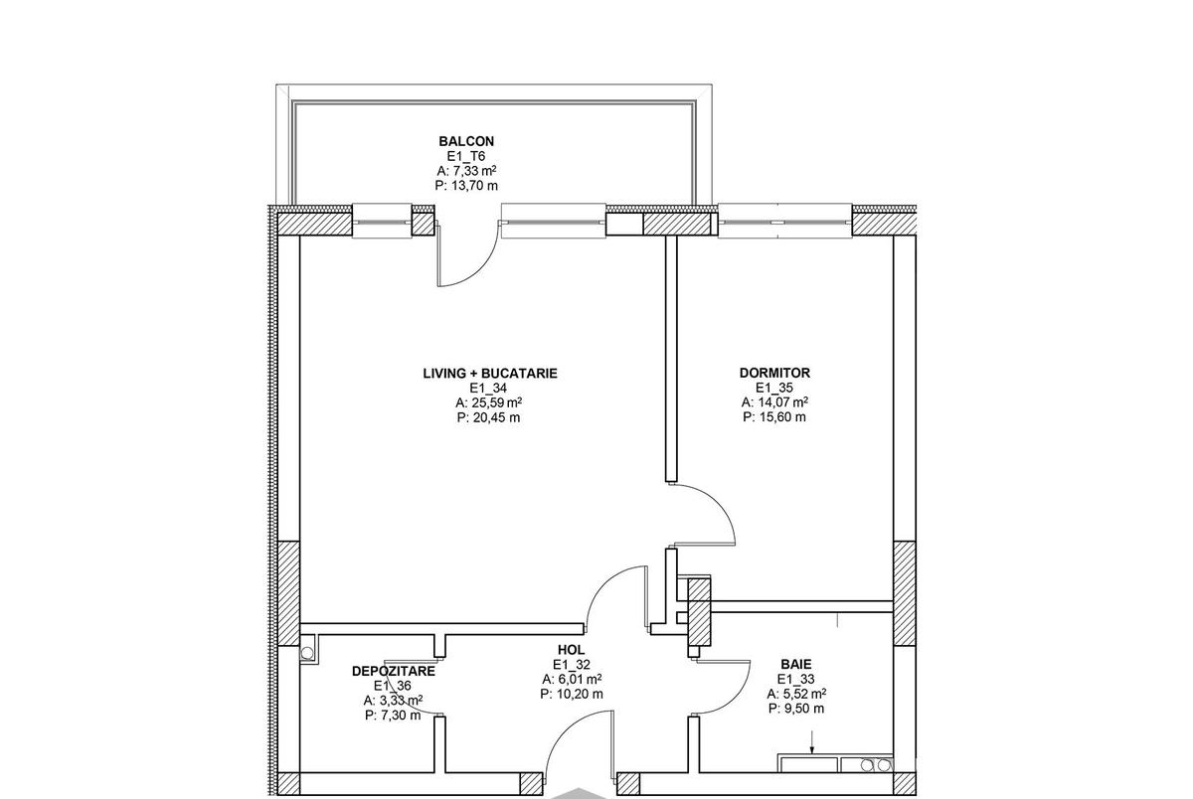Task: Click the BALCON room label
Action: [466, 141]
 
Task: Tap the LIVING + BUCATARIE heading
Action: [490, 373]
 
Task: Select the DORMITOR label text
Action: [774, 373]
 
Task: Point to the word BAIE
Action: [796, 664]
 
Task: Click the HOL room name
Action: [571, 649]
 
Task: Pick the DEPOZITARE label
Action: [393, 671]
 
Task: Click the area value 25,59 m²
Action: [496, 402]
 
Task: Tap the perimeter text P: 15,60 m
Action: [774, 416]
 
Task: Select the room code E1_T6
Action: [466, 156]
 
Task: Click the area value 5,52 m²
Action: [803, 694]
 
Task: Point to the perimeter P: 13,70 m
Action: [466, 186]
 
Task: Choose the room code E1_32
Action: [571, 664]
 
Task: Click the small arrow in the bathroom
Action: [811, 742]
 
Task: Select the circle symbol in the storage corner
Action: [307, 653]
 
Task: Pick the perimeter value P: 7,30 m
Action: [393, 716]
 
